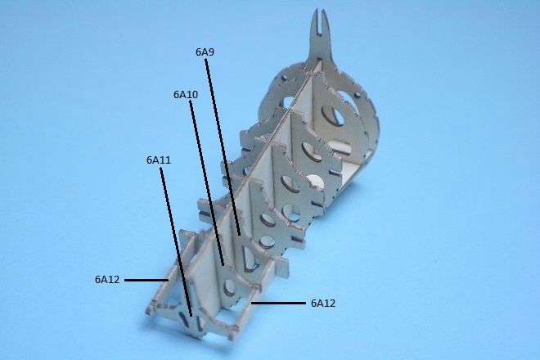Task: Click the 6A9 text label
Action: point(205,52)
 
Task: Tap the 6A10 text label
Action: point(186,95)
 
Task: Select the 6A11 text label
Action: point(159,160)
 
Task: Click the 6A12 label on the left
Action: point(107,279)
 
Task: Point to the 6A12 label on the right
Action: point(322,304)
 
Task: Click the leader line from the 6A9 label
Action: point(223,147)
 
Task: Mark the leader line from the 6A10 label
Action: point(207,183)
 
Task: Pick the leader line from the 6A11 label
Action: point(176,242)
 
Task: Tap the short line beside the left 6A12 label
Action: point(146,280)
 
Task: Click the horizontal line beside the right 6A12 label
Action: point(278,304)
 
